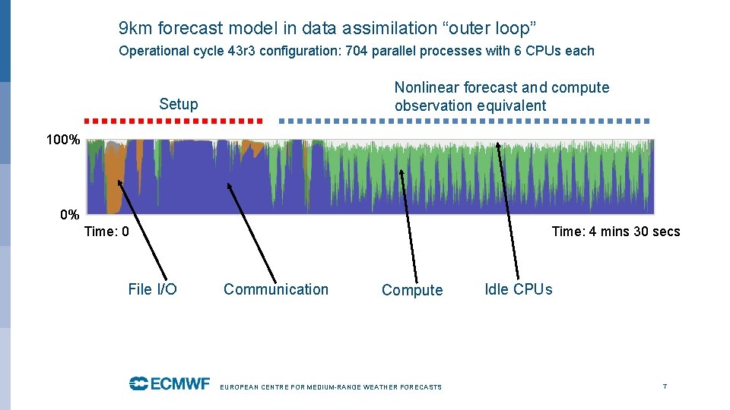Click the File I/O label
152,289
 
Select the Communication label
276,289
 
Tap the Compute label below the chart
412,290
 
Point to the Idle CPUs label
519,289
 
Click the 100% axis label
64,140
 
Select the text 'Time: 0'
106,232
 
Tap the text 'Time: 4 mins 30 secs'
615,232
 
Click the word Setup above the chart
179,105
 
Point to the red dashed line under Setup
173,121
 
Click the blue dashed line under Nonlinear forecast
464,121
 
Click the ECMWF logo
169,383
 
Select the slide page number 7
665,386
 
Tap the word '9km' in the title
135,29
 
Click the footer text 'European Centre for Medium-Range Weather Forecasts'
330,387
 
